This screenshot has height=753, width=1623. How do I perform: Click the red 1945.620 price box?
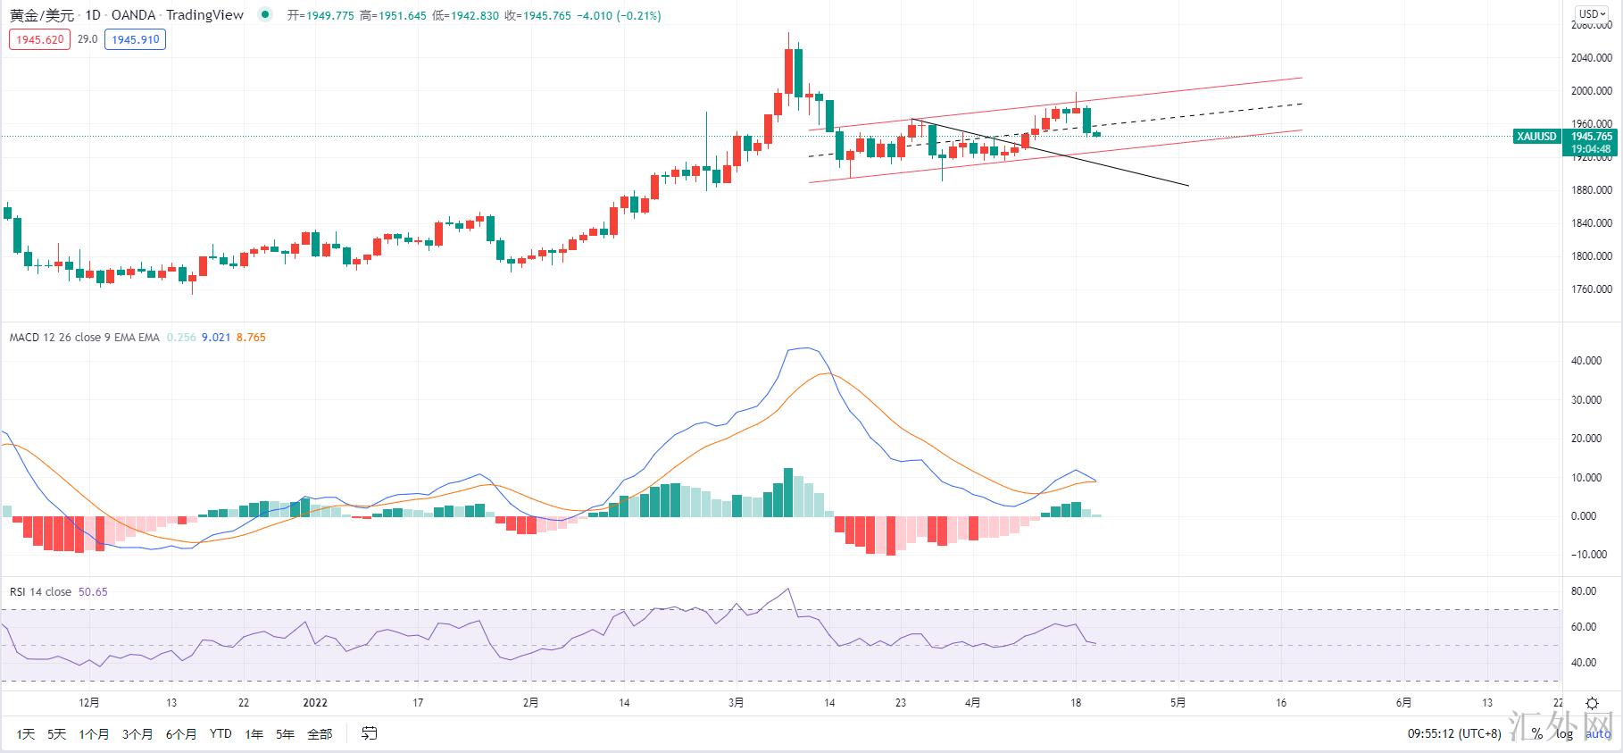[39, 39]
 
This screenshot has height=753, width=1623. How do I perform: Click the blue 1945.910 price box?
[135, 39]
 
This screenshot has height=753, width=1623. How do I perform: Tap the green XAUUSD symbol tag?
[1536, 137]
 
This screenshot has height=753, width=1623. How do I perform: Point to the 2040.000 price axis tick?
[1591, 58]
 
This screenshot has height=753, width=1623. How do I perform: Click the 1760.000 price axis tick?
[1591, 289]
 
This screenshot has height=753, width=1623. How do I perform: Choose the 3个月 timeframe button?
[137, 734]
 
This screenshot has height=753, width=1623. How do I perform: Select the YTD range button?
[221, 734]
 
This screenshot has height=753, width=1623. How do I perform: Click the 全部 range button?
[320, 734]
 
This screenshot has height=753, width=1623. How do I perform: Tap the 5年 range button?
[285, 734]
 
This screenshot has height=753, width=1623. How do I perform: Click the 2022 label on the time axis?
[315, 703]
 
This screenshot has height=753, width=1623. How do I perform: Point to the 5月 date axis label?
[1178, 703]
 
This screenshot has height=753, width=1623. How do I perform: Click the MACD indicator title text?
[84, 338]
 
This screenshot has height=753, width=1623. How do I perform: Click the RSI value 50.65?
[93, 592]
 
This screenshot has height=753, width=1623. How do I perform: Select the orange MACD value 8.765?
[251, 338]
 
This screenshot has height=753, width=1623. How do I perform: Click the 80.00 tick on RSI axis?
[1584, 591]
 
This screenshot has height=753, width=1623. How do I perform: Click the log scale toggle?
[1564, 734]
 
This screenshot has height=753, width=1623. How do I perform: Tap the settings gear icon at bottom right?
[1591, 704]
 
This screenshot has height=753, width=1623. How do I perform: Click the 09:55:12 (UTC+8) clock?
[1454, 734]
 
